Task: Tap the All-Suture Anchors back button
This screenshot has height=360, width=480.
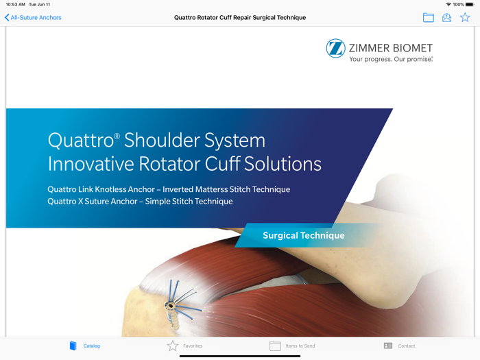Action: pyautogui.click(x=33, y=18)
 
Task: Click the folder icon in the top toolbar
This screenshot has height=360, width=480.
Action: pyautogui.click(x=429, y=18)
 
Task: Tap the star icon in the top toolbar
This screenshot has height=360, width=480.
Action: pyautogui.click(x=465, y=18)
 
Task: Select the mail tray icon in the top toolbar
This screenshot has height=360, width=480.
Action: pyautogui.click(x=446, y=18)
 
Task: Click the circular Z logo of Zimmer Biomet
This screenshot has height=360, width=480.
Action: pyautogui.click(x=335, y=48)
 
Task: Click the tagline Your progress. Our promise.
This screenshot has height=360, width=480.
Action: pyautogui.click(x=391, y=60)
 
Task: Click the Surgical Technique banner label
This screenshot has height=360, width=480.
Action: pyautogui.click(x=304, y=236)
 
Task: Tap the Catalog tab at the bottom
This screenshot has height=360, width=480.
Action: pyautogui.click(x=84, y=346)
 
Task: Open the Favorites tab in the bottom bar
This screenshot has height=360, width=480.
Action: pyautogui.click(x=185, y=346)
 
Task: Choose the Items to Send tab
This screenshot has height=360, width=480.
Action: pyautogui.click(x=293, y=346)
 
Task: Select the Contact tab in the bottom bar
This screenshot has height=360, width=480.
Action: pyautogui.click(x=399, y=346)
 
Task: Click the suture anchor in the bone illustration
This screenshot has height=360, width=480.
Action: pyautogui.click(x=171, y=306)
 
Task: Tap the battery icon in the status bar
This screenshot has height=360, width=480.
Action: pyautogui.click(x=470, y=4)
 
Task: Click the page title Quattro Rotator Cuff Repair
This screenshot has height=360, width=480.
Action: pyautogui.click(x=240, y=18)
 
